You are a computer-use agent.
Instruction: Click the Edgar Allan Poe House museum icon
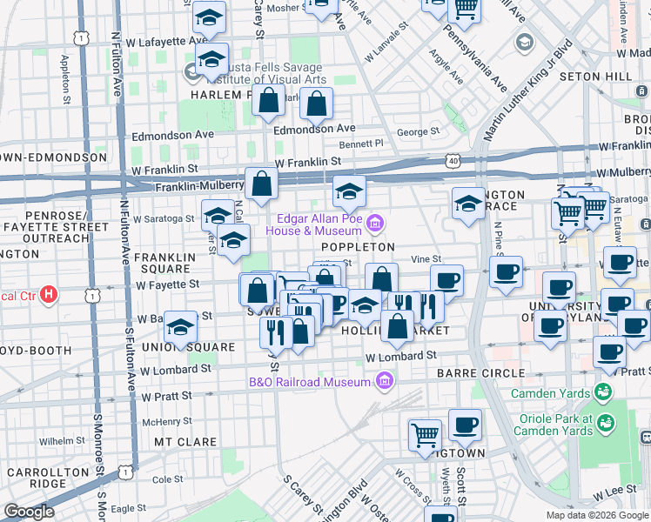click(375, 224)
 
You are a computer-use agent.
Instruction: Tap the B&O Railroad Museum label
click(310, 381)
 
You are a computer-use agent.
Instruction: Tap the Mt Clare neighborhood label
click(185, 442)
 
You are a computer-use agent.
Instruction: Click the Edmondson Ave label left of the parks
click(172, 136)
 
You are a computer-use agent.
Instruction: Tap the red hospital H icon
click(49, 295)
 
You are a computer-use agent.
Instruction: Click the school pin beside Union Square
click(180, 328)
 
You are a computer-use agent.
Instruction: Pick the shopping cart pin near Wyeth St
click(425, 434)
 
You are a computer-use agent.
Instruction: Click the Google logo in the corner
click(30, 512)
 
